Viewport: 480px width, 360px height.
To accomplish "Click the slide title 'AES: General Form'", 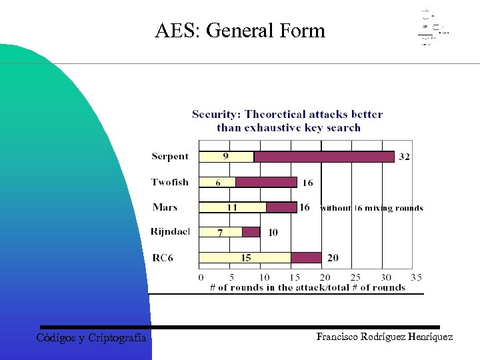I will tap(240, 31).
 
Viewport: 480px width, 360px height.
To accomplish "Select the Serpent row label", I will tap(170, 157).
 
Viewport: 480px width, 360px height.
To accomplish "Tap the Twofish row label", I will tap(170, 182).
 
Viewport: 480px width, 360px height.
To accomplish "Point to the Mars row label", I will tap(165, 207).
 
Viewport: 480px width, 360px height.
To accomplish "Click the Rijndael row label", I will tap(170, 232).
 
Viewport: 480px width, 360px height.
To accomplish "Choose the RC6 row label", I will tap(162, 257).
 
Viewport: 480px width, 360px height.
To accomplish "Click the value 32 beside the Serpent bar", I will tap(404, 157).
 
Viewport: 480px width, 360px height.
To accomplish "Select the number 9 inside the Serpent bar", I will tap(226, 157).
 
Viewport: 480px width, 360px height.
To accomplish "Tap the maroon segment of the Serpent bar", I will tap(323, 157).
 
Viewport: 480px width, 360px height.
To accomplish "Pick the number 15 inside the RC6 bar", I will tap(246, 257).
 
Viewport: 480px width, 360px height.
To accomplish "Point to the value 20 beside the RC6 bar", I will tap(333, 258).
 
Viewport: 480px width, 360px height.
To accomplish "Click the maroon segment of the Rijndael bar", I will tap(251, 232).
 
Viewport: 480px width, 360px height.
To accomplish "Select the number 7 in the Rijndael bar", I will tap(221, 232).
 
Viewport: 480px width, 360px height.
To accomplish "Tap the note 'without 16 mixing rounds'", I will tap(372, 208).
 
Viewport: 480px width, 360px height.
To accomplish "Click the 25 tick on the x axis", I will tap(355, 277).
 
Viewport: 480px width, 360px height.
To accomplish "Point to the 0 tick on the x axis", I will tap(201, 277).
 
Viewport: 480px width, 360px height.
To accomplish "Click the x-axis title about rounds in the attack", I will tap(307, 287).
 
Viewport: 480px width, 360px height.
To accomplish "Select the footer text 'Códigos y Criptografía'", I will tap(91, 338).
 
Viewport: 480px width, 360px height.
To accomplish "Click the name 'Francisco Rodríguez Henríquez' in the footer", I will tap(385, 337).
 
